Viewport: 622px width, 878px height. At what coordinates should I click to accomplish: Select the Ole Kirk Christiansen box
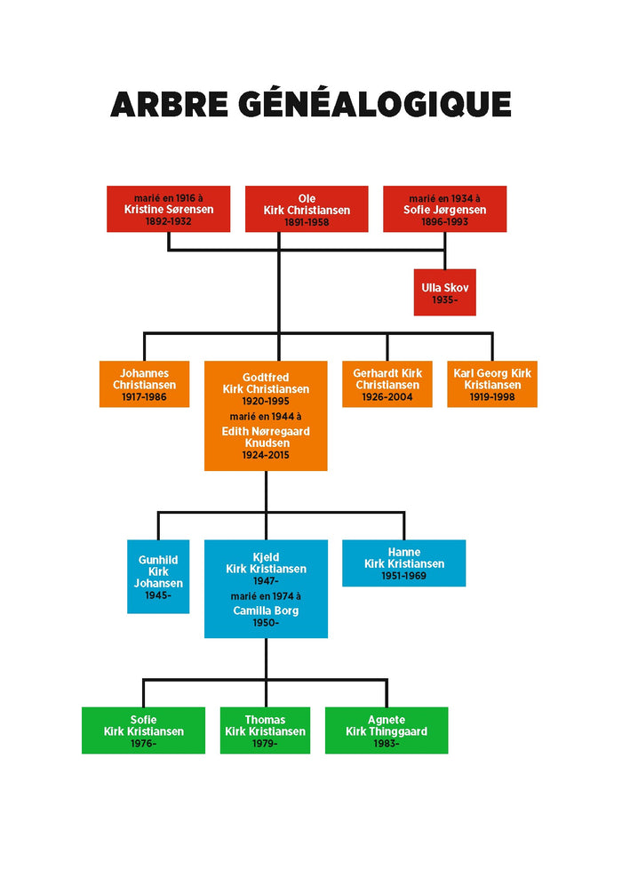click(307, 209)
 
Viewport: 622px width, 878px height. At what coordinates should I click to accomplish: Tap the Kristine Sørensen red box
click(168, 209)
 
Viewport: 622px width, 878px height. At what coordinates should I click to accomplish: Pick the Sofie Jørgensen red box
click(444, 209)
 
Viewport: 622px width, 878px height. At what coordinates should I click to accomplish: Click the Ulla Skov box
click(444, 292)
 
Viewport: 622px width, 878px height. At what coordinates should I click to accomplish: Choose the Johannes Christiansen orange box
click(144, 384)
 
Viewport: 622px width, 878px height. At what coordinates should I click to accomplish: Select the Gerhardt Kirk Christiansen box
click(387, 384)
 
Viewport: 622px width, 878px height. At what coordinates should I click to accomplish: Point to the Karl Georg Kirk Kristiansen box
click(492, 384)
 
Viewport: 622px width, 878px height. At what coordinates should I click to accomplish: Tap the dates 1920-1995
click(266, 401)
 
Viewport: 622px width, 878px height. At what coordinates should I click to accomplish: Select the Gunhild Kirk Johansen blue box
click(158, 577)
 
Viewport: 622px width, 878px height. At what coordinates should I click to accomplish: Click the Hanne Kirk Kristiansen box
click(403, 563)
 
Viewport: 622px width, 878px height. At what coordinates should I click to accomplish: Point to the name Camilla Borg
click(266, 611)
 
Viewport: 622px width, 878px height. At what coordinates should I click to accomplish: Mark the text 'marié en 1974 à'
click(266, 596)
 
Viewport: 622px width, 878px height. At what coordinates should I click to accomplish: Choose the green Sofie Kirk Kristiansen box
click(143, 730)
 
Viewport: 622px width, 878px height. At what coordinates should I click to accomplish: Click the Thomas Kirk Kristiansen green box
click(265, 730)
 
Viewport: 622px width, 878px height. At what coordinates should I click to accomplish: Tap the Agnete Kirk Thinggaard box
click(387, 730)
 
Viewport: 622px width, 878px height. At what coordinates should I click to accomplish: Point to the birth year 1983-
click(387, 744)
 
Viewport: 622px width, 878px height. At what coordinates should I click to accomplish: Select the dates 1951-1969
click(403, 576)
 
